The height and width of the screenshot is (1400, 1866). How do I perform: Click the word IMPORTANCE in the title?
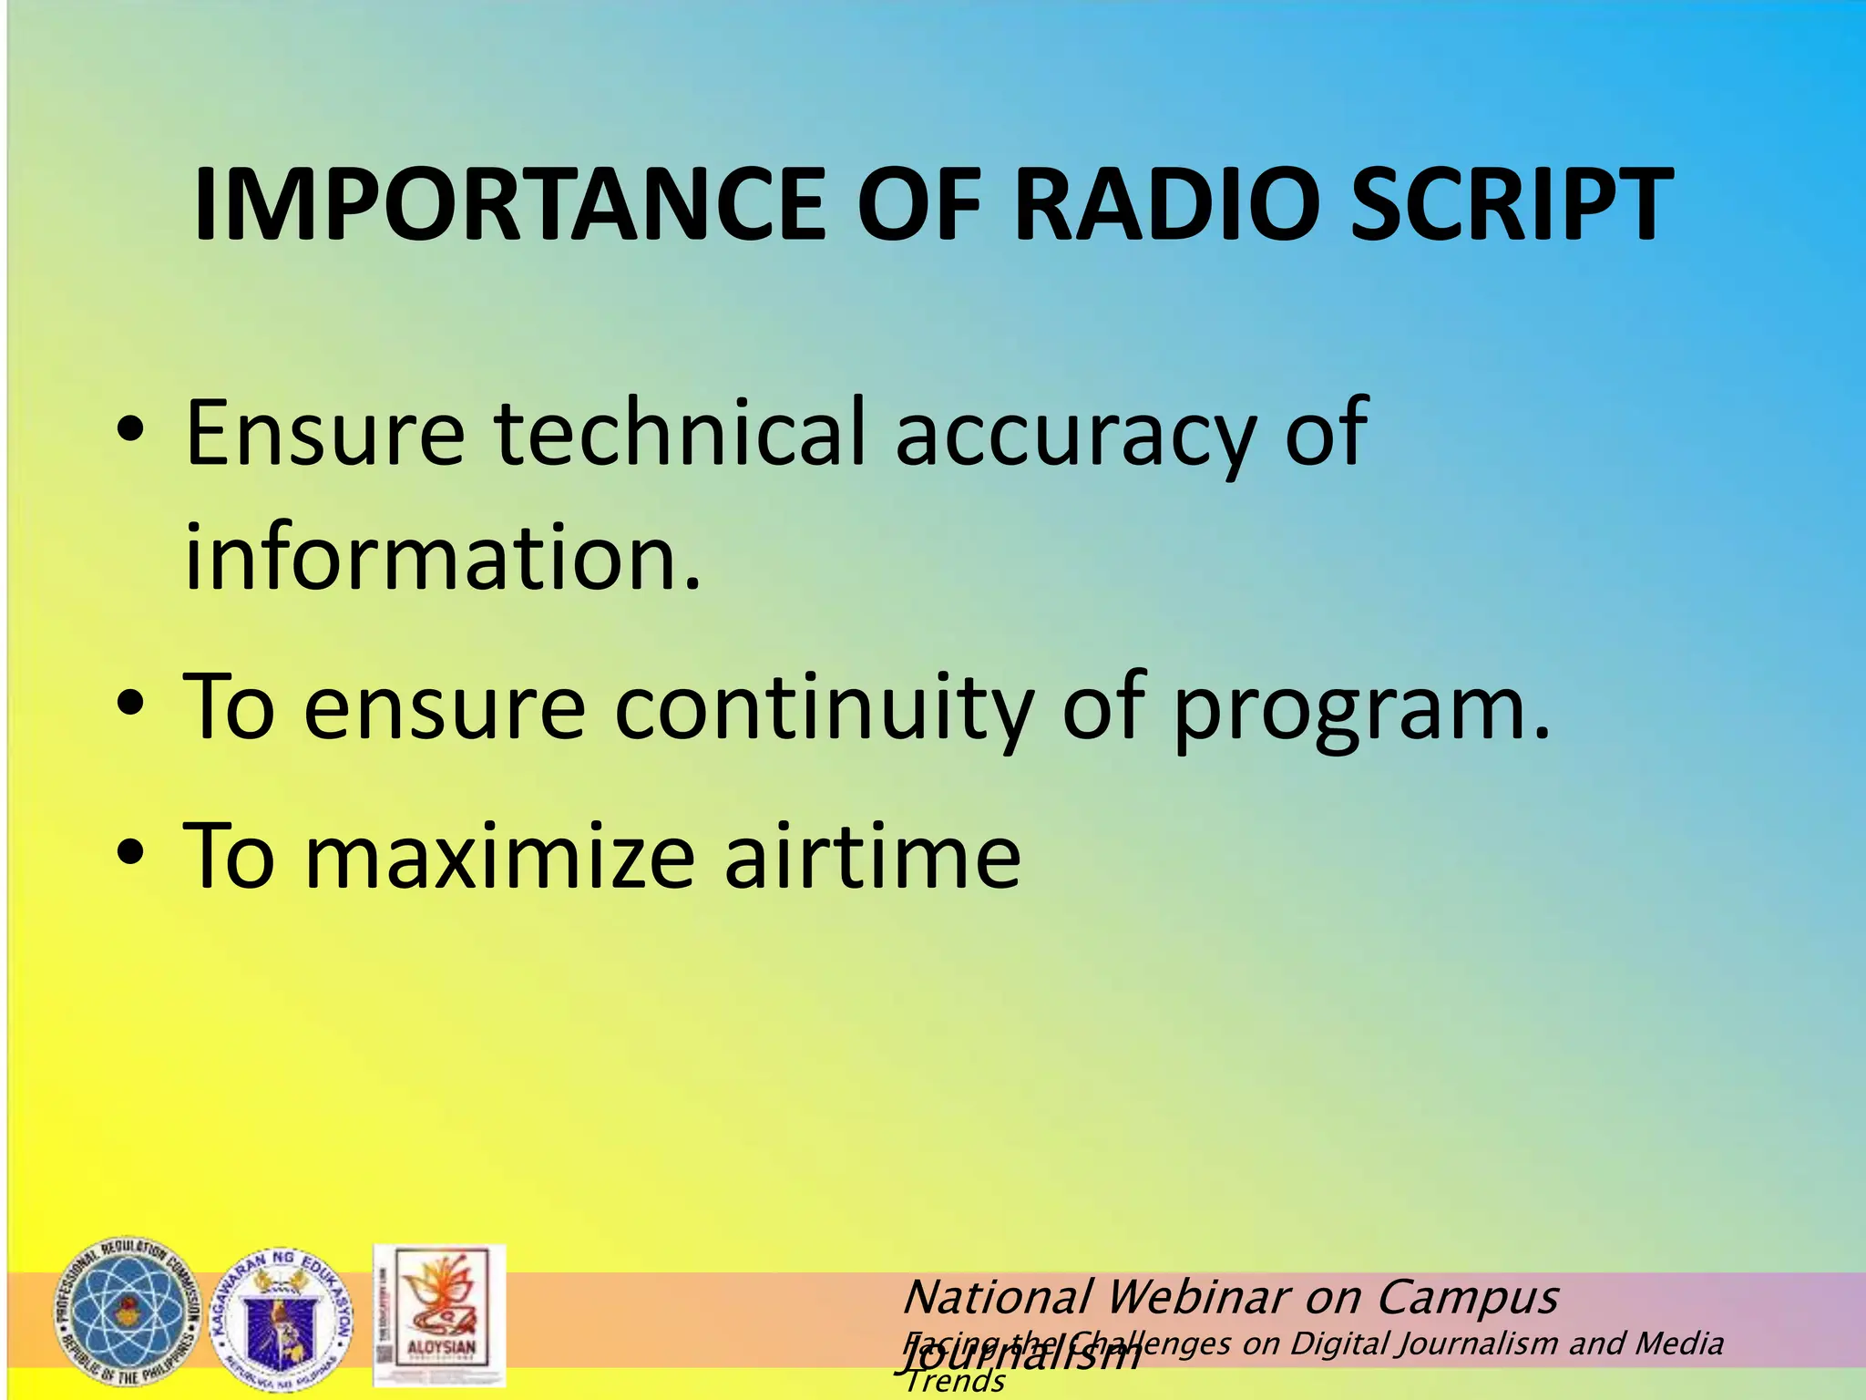click(508, 205)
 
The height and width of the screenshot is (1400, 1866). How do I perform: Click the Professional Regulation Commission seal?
click(126, 1313)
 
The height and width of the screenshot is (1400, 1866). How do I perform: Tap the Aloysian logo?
click(439, 1316)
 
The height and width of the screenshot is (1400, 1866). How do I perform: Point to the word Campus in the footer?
click(1467, 1298)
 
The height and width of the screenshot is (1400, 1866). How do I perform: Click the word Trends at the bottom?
click(955, 1382)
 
